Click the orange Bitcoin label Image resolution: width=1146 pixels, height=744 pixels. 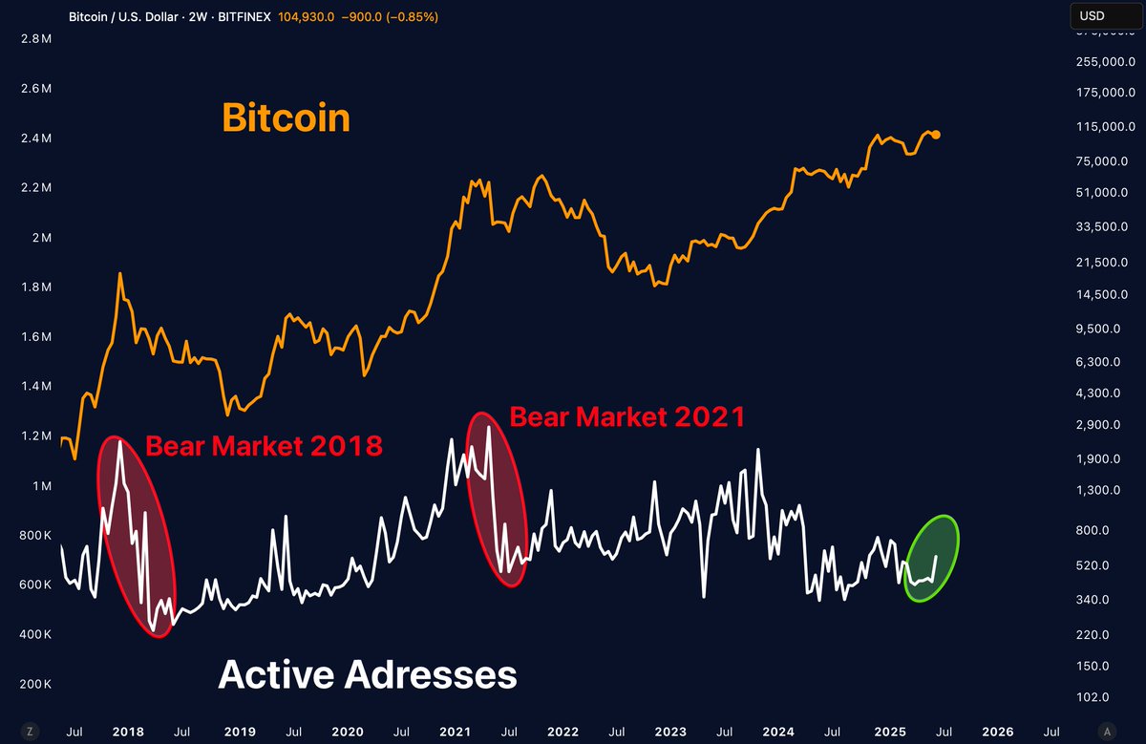click(x=286, y=118)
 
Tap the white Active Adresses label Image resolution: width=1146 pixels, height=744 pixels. click(x=368, y=675)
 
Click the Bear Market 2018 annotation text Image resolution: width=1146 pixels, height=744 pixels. click(x=264, y=446)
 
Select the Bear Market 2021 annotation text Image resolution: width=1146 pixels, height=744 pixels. click(x=626, y=417)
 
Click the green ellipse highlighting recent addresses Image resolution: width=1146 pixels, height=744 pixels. click(x=931, y=559)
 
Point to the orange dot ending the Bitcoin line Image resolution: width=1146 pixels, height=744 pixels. click(x=936, y=135)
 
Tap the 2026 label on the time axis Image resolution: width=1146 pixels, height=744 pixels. click(x=997, y=732)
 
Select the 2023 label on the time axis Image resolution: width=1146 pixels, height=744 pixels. click(x=671, y=732)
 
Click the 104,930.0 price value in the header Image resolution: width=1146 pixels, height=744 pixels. click(x=306, y=17)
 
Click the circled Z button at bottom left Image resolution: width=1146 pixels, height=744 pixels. click(x=30, y=732)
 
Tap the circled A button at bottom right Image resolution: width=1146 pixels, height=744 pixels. click(x=1107, y=732)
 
